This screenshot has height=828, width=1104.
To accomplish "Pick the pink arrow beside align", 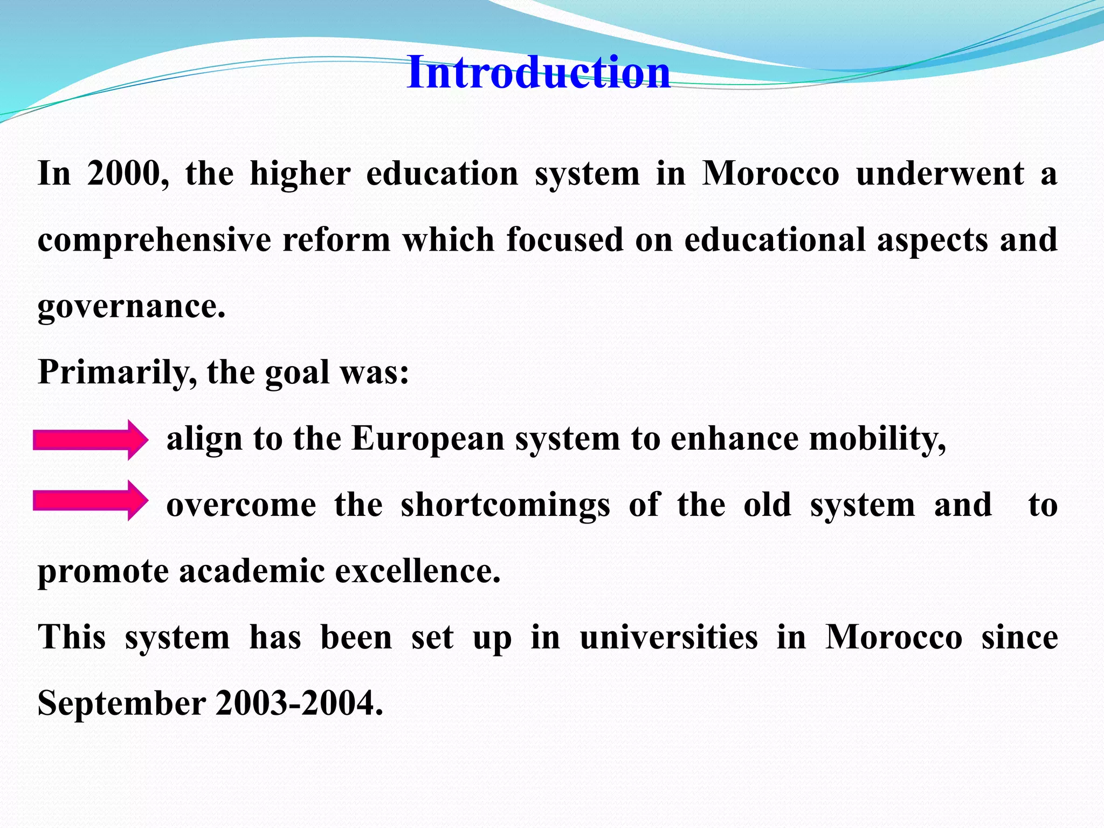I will pyautogui.click(x=90, y=439).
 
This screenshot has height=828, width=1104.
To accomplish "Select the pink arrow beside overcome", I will pyautogui.click(x=90, y=500).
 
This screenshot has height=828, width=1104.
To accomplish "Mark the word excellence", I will pyautogui.click(x=418, y=572).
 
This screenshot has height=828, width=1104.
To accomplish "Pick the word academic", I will pyautogui.click(x=252, y=572).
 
